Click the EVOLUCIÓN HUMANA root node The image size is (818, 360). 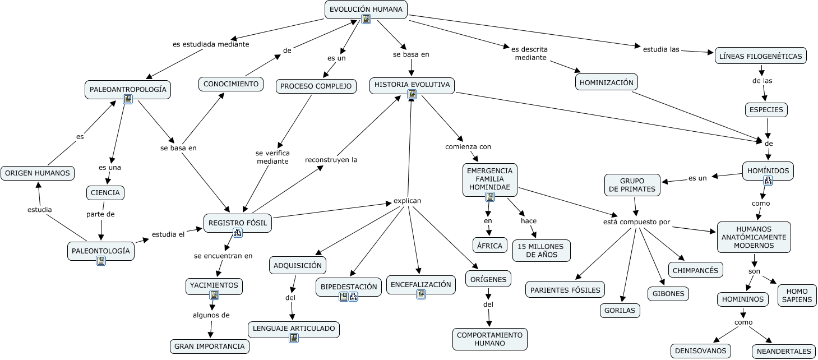[366, 10]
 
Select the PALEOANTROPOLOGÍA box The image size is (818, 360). [128, 90]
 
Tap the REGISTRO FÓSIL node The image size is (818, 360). [237, 223]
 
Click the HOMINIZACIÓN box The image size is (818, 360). [607, 82]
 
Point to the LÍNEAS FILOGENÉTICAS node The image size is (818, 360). [761, 56]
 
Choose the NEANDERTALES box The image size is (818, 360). [784, 351]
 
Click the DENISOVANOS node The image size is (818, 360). [700, 351]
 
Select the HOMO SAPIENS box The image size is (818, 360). [797, 296]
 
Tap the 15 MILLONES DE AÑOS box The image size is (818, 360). [541, 251]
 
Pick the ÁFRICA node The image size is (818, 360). [489, 246]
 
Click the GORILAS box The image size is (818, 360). [620, 310]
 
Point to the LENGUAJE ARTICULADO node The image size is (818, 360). [294, 329]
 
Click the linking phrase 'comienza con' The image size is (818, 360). [468, 147]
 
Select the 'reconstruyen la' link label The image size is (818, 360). [331, 160]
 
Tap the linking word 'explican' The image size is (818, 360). [407, 201]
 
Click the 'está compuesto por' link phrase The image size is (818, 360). [636, 222]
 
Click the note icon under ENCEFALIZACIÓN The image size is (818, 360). [421, 294]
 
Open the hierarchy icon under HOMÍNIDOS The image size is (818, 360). [768, 181]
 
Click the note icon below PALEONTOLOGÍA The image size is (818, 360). [101, 261]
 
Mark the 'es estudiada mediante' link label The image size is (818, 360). [211, 44]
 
